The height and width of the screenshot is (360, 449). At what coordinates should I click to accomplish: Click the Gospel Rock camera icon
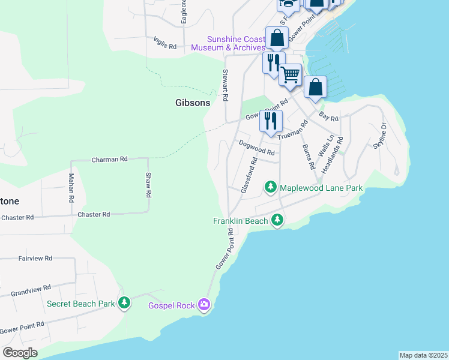[x=205, y=305]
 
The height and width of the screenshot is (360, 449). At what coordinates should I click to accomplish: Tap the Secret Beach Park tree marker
[x=124, y=303]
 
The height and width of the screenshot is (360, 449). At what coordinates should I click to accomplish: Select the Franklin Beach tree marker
[x=277, y=220]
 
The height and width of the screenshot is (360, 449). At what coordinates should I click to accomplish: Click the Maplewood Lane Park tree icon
[x=271, y=188]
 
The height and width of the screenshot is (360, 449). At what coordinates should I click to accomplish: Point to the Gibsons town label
[x=193, y=103]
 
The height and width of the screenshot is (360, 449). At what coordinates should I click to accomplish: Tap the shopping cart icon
[x=290, y=74]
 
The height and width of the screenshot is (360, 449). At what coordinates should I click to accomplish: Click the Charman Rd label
[x=109, y=160]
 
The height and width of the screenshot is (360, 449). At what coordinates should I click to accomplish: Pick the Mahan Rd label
[x=71, y=187]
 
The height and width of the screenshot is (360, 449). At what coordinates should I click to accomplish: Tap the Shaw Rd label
[x=148, y=185]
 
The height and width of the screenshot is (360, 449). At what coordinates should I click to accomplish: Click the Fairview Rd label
[x=35, y=258]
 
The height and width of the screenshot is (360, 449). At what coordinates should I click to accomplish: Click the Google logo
[x=20, y=353]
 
